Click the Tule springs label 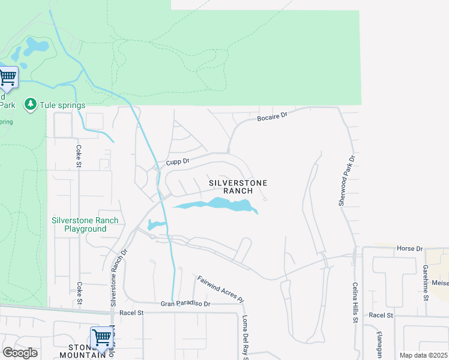click(62, 105)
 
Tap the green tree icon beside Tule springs click(30, 105)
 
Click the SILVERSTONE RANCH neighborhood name click(237, 186)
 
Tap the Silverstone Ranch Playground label click(85, 224)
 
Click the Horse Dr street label click(409, 248)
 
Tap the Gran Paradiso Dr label click(185, 304)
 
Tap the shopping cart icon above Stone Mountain click(102, 338)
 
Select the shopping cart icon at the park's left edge click(8, 77)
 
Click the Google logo click(20, 353)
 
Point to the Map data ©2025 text click(423, 355)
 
